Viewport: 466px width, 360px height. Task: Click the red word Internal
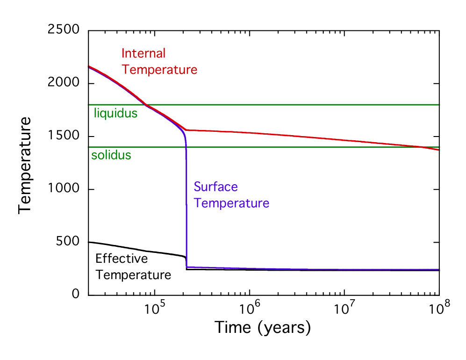coord(143,53)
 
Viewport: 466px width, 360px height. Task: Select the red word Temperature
coord(159,70)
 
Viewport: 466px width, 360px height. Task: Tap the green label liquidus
coord(115,113)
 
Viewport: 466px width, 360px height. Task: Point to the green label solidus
coord(111,155)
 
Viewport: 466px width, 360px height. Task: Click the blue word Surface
coord(216,187)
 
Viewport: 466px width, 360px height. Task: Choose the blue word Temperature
coord(232,203)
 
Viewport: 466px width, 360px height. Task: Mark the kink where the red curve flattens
coord(187,130)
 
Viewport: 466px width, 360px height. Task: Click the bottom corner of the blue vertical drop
coord(186,267)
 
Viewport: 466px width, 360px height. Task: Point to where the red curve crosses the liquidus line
coord(146,105)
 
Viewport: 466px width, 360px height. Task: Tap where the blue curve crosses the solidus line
coord(186,147)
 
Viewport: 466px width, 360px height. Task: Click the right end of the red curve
coord(439,150)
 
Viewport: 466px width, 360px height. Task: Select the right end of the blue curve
coord(439,270)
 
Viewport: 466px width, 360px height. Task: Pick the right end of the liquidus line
coord(439,105)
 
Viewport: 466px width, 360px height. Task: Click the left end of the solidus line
coord(89,147)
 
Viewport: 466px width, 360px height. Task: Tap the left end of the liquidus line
coord(89,105)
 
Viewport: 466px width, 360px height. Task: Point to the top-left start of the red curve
coord(89,66)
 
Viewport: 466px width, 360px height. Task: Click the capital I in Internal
coord(123,53)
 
